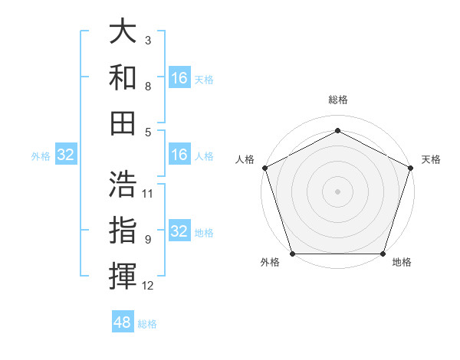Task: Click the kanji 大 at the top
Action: [x=123, y=32]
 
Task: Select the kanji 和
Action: [x=123, y=77]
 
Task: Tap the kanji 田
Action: [x=123, y=123]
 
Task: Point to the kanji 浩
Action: [x=123, y=185]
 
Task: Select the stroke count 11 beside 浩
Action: [x=148, y=193]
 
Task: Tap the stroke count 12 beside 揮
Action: [x=148, y=286]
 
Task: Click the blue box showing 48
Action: [x=123, y=322]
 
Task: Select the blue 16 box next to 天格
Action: [x=179, y=78]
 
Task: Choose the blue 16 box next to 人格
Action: [x=179, y=155]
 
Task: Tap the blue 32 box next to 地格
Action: [x=179, y=232]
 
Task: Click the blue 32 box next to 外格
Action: [x=66, y=155]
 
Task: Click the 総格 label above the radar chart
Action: [x=338, y=100]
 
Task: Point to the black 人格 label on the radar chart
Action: [x=245, y=159]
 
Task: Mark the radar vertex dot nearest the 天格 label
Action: [x=410, y=168]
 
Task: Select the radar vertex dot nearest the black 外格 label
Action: [x=292, y=254]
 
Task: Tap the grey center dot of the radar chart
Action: [x=337, y=191]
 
